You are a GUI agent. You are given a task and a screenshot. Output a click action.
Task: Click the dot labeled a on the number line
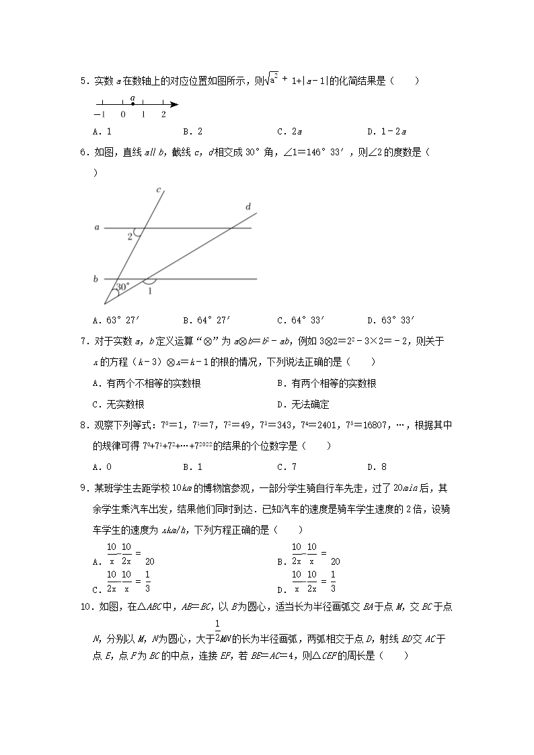(132, 104)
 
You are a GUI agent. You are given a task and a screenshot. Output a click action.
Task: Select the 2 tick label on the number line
(163, 115)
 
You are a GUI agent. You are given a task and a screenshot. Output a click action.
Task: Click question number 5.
(83, 81)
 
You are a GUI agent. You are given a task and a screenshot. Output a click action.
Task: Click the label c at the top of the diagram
(159, 190)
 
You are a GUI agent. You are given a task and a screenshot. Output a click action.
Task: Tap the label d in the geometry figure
(247, 207)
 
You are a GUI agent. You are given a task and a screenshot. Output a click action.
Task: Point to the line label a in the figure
(97, 228)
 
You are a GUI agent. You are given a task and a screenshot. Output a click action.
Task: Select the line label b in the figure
(97, 278)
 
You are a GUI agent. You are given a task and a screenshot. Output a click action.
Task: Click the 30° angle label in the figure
(122, 287)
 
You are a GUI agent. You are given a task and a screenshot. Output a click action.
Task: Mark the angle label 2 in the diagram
(130, 236)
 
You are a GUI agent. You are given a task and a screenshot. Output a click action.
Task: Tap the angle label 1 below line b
(149, 291)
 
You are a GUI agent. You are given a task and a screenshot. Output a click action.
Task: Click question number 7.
(83, 342)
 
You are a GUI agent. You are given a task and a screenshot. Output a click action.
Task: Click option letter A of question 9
(98, 561)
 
